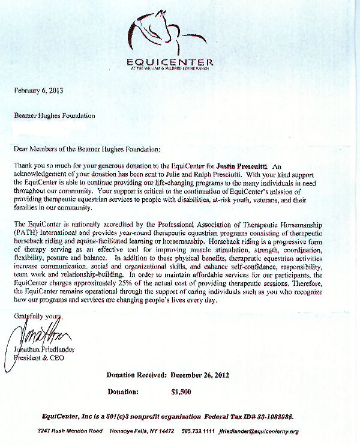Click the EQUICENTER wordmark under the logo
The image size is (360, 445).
pos(170,61)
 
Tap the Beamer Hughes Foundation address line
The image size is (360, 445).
pos(54,115)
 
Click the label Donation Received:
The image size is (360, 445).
pos(136,375)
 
